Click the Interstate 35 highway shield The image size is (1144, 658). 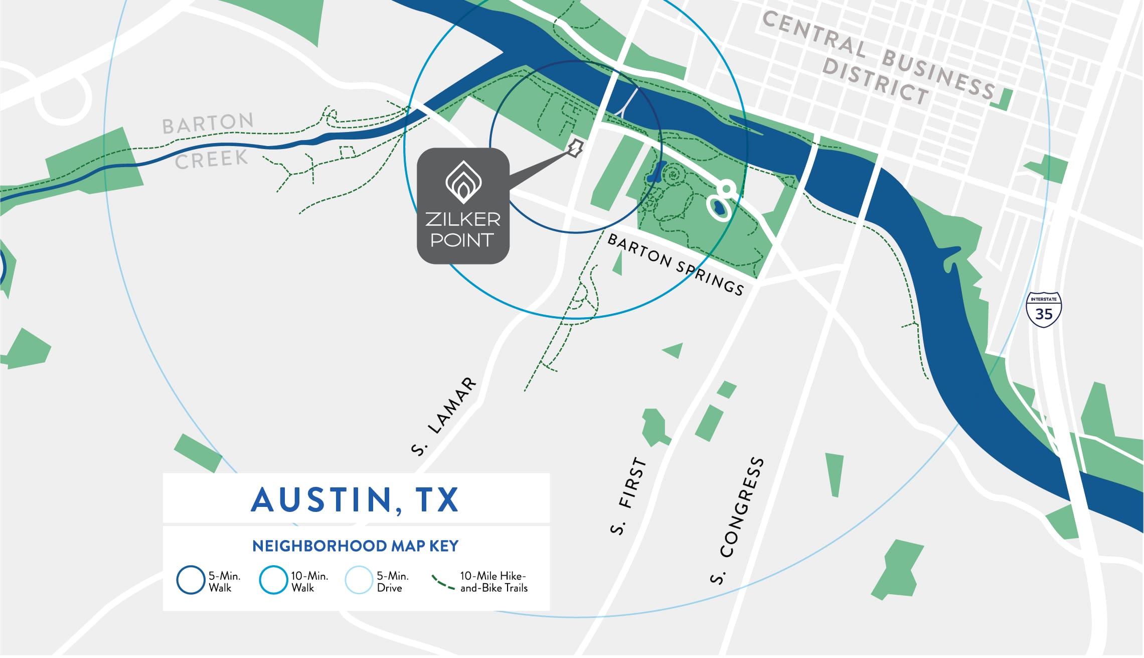point(1044,310)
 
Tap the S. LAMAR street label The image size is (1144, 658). point(444,416)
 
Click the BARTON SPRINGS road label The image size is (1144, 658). point(675,264)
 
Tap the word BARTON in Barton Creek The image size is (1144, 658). point(208,123)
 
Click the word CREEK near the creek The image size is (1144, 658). point(211,160)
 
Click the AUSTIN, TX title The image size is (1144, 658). point(355,500)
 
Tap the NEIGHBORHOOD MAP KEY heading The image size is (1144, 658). point(355,546)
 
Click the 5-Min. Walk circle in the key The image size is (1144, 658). point(191,580)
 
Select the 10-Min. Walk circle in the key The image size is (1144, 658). point(273,580)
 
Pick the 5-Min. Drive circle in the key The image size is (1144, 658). point(359,580)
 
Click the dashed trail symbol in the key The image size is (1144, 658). point(443,582)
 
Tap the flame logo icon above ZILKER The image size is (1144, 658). point(463,181)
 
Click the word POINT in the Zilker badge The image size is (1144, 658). point(462,240)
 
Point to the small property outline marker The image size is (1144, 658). point(575,148)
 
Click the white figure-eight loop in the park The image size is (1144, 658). point(721,199)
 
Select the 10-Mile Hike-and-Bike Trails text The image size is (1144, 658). point(494,582)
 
